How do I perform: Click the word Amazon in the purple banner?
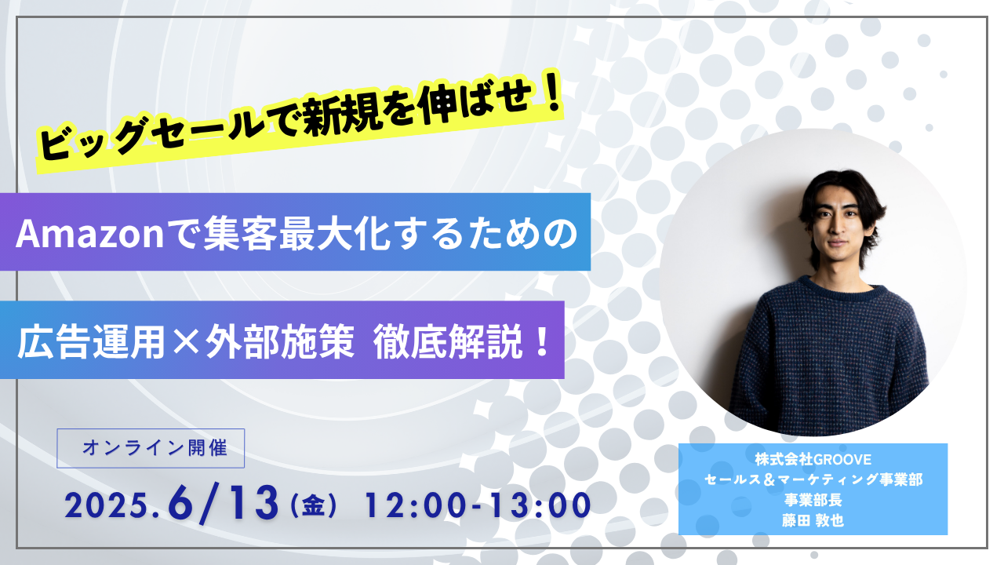[x=89, y=233]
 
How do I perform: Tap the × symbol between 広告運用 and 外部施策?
[x=185, y=342]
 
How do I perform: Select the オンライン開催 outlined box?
[x=151, y=448]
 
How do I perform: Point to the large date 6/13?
[x=223, y=504]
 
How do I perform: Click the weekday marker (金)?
[x=313, y=506]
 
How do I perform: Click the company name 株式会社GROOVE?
[x=813, y=459]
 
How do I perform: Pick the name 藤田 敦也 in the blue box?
[x=813, y=520]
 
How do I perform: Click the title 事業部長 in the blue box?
[x=813, y=500]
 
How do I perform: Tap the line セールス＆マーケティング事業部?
[x=813, y=479]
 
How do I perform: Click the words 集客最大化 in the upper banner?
[x=296, y=233]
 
